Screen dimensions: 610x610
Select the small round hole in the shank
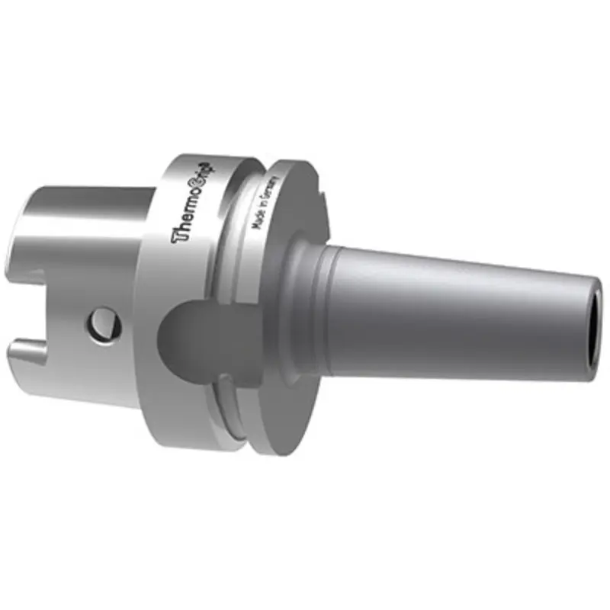(102, 324)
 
